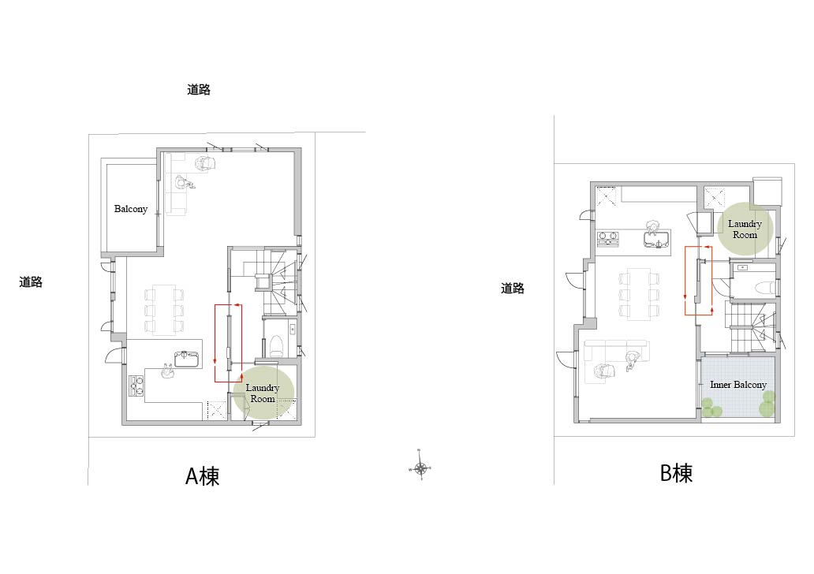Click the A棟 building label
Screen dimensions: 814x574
tap(203, 476)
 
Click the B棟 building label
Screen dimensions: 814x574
tap(676, 473)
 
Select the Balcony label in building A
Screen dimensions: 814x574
tap(131, 209)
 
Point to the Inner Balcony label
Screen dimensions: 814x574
tap(738, 385)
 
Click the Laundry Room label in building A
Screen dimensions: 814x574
tap(263, 393)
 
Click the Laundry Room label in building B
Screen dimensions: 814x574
tap(745, 229)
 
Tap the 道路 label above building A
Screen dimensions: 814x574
tap(198, 89)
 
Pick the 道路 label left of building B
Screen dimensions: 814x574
tap(513, 288)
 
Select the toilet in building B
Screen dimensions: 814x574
tap(767, 287)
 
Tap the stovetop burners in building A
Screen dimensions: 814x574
tap(136, 386)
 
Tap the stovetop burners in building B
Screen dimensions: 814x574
tap(608, 238)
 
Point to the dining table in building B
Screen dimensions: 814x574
tap(639, 294)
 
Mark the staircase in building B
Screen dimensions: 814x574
tap(751, 327)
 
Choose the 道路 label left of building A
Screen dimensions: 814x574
tap(31, 281)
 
